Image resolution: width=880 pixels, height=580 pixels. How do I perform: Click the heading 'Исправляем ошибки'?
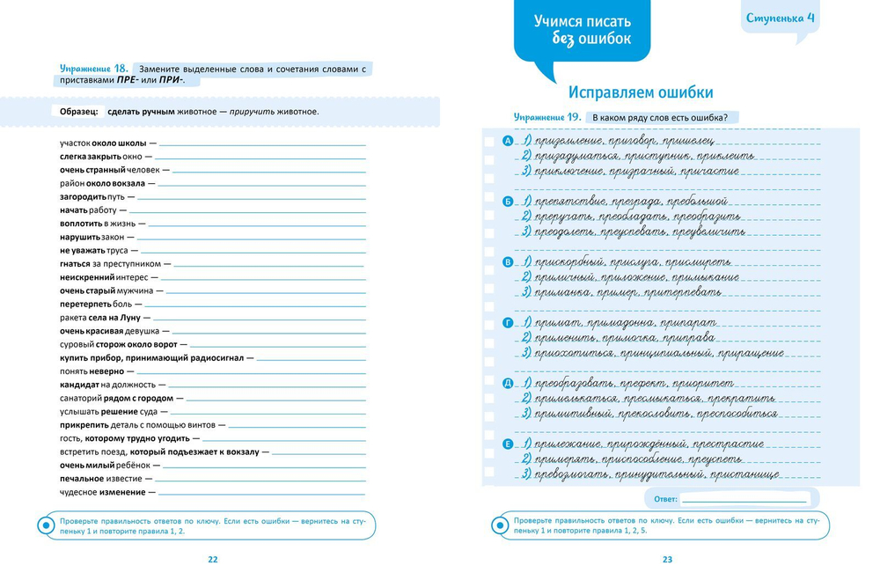coord(640,92)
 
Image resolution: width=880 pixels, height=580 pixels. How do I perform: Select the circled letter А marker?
coord(507,142)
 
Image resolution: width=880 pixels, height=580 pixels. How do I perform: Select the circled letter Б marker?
coord(507,202)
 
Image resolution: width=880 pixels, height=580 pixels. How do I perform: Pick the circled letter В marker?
coord(507,262)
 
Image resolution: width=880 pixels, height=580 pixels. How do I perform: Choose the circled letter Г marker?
coord(507,323)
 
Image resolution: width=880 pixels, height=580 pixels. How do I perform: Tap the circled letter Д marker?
coord(507,384)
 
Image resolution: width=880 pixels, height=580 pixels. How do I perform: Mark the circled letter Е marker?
coord(507,444)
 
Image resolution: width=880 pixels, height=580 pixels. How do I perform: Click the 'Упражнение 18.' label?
coord(95,68)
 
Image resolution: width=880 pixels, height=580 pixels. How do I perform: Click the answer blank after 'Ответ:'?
coord(744,499)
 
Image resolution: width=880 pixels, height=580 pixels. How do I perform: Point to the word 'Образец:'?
coord(79,112)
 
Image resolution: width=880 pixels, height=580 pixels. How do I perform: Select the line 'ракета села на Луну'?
coord(100,317)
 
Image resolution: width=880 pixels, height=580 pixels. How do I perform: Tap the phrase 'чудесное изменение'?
coord(102,492)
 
